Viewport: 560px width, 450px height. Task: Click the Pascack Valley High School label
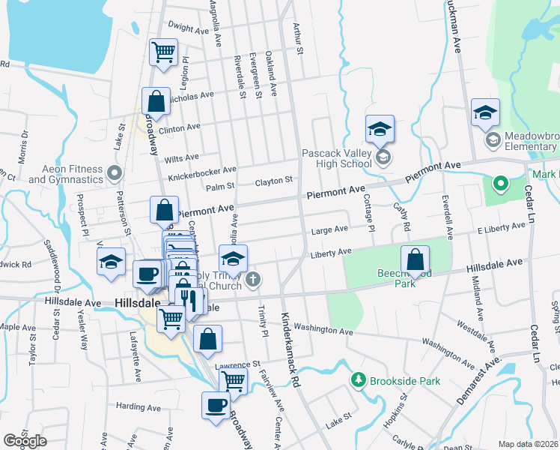[x=336, y=158]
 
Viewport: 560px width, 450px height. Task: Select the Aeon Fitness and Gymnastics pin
[x=114, y=175]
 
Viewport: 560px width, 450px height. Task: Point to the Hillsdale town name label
[x=139, y=302]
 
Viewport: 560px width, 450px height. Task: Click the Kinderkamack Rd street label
[x=290, y=349]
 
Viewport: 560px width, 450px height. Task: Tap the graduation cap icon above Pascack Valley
[x=380, y=128]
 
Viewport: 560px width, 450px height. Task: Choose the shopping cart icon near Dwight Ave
[x=162, y=52]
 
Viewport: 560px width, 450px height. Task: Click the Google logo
[x=25, y=440]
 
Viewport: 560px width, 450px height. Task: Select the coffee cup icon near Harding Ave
[x=216, y=406]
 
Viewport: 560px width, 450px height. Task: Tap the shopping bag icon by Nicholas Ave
[x=156, y=101]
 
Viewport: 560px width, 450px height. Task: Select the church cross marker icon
[x=254, y=281]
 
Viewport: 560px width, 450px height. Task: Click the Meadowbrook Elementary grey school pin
[x=493, y=139]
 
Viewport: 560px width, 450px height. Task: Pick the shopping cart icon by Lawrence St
[x=233, y=380]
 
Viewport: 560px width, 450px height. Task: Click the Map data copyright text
[x=529, y=444]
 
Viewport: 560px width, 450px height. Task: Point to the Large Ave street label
[x=330, y=229]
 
